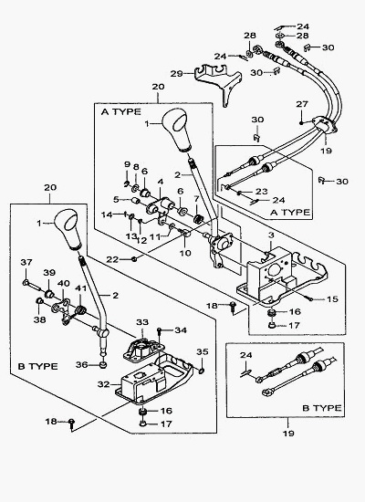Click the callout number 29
click(176, 74)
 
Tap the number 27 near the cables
click(302, 104)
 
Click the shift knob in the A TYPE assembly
click(176, 130)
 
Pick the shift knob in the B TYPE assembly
click(68, 229)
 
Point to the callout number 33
click(142, 322)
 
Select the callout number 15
click(333, 299)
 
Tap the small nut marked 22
click(134, 259)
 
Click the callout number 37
click(26, 263)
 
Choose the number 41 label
click(80, 288)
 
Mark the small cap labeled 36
click(103, 365)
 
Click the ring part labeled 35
click(202, 371)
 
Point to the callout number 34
click(181, 330)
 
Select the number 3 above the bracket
click(271, 235)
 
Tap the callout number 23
click(262, 192)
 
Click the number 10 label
click(185, 253)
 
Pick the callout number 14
click(107, 214)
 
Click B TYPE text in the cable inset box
click(322, 408)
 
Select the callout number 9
click(127, 165)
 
